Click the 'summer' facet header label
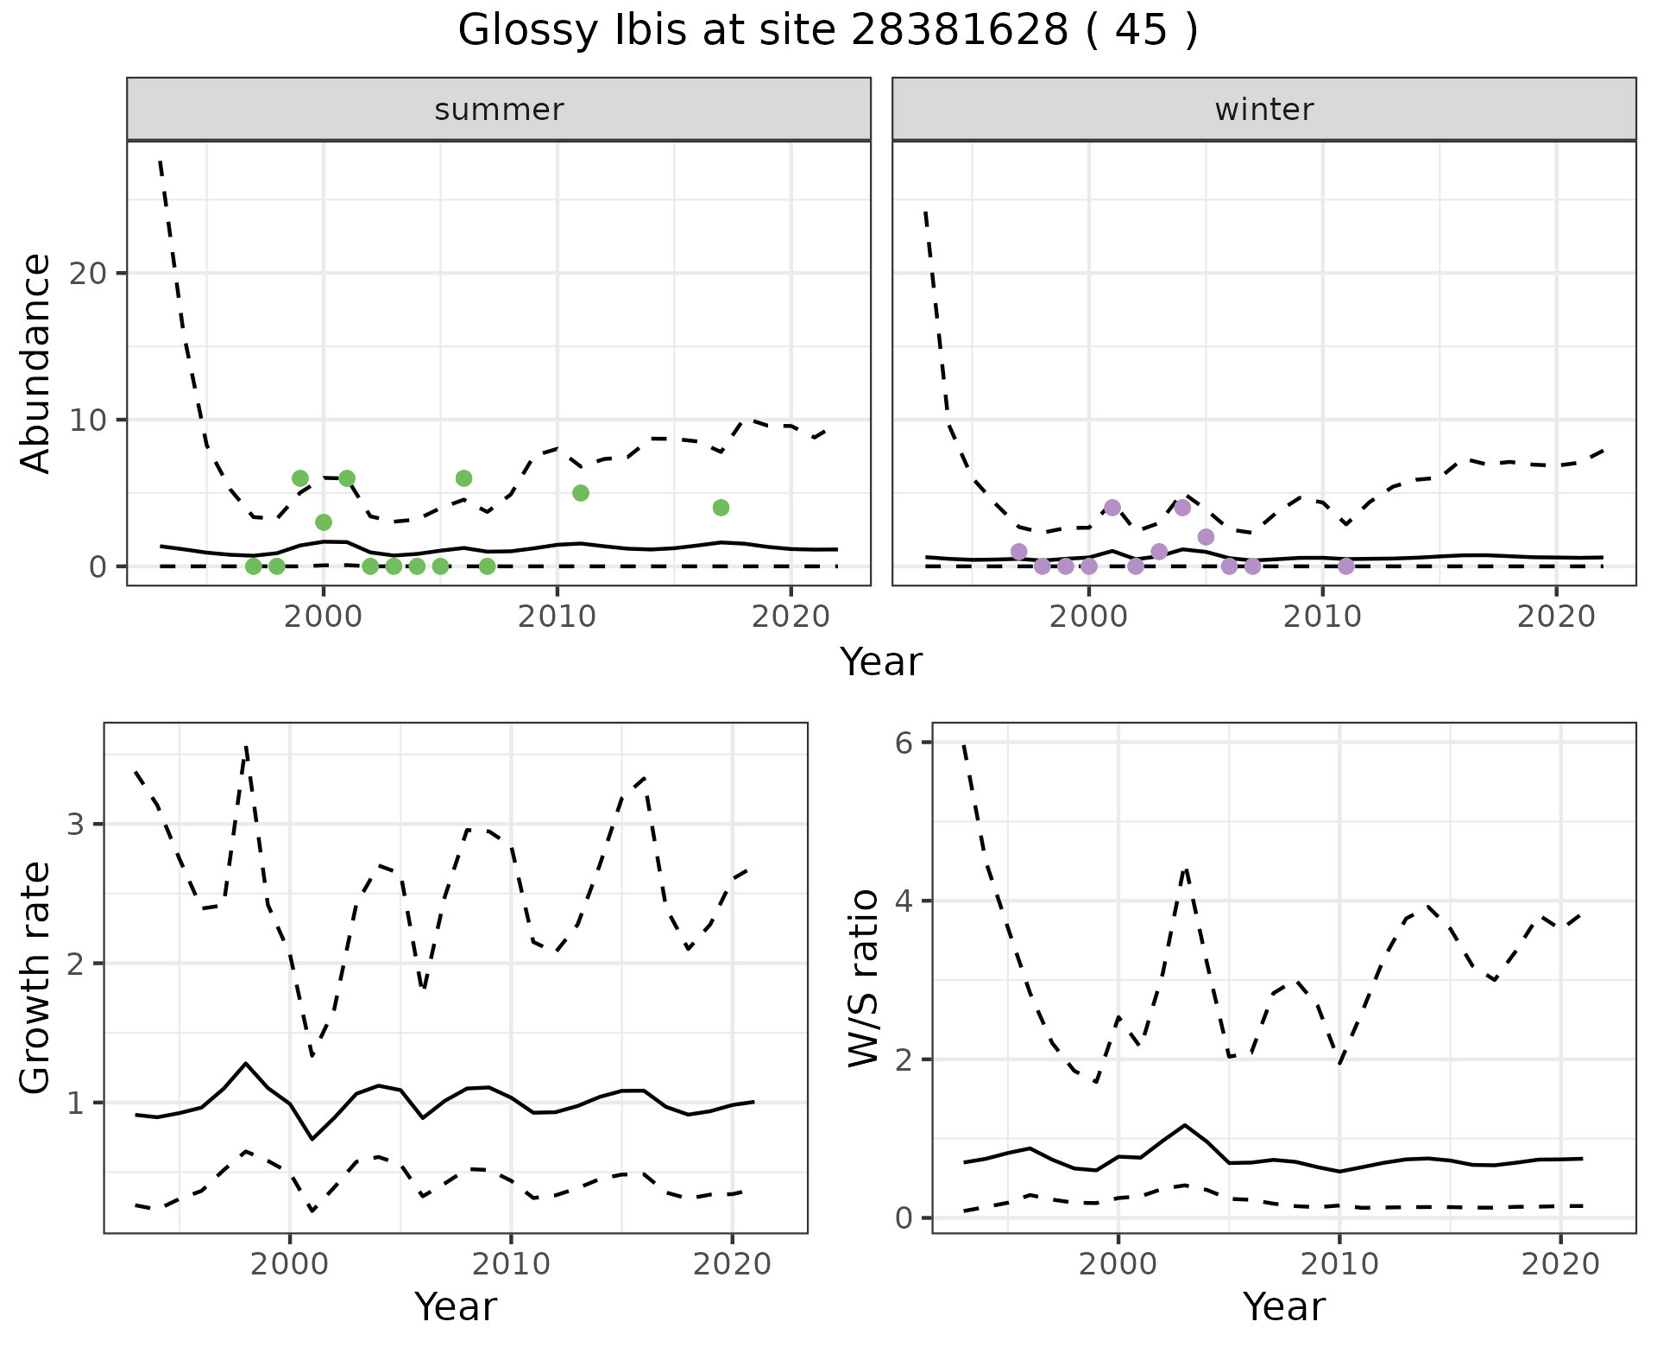pos(499,110)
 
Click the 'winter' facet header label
pos(1263,110)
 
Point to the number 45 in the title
pos(1141,31)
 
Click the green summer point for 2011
pos(581,493)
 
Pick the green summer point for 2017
pos(721,508)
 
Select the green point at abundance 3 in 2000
pos(324,522)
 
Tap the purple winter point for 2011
pos(1345,566)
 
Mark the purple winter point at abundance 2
pos(1206,537)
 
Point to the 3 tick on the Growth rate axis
pos(78,824)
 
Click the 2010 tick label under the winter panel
pos(1321,617)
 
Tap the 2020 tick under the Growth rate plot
pos(732,1264)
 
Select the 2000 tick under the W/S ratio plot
pos(1118,1264)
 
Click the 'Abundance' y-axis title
pos(36,364)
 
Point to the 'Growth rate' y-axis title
pos(36,977)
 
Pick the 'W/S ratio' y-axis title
pos(864,977)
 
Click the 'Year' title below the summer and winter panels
pos(881,662)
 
